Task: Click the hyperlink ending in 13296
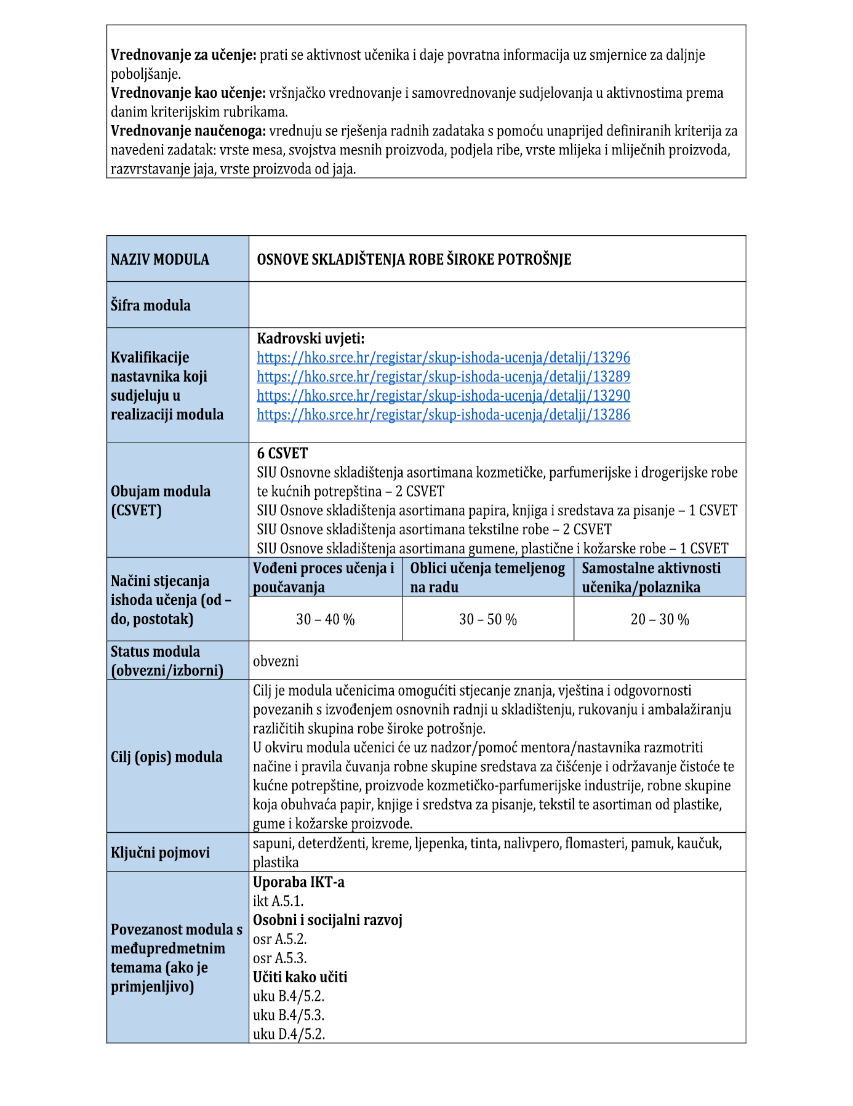tap(443, 358)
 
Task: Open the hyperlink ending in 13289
tap(443, 377)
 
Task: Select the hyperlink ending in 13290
tap(443, 396)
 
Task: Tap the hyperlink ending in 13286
tap(443, 415)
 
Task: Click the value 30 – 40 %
tap(326, 619)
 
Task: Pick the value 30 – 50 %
tap(488, 619)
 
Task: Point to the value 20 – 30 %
tap(660, 619)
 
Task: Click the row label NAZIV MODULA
tap(160, 260)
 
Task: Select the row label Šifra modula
tap(151, 305)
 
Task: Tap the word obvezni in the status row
tap(276, 662)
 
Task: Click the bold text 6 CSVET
tap(282, 454)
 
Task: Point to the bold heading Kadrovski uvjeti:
tap(311, 339)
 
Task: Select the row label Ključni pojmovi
tap(160, 853)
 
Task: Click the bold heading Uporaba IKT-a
tap(298, 882)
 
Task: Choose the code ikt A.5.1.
tap(278, 901)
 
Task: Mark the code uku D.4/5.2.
tap(289, 1034)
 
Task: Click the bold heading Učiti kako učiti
tap(300, 977)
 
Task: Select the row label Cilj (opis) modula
tap(167, 757)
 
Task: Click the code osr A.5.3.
tap(280, 958)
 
